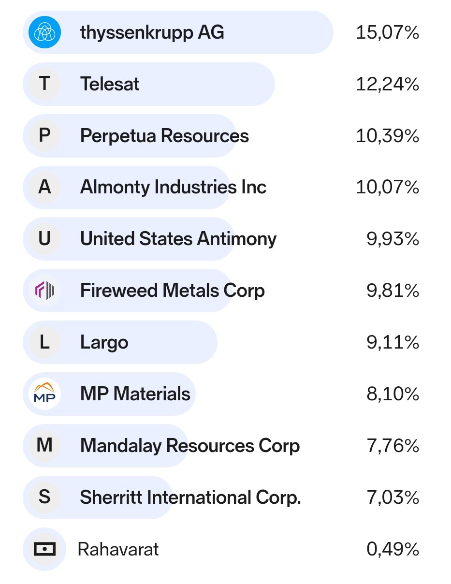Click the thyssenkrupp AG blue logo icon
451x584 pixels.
tap(44, 32)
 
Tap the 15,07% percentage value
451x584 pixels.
tap(387, 33)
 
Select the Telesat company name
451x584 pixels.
tap(110, 84)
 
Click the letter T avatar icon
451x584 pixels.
tap(44, 84)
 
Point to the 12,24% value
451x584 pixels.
tap(387, 85)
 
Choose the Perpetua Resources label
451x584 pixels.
tap(164, 136)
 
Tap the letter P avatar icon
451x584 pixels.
tap(44, 136)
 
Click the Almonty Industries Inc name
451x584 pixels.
tap(173, 187)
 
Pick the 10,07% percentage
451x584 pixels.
tap(387, 188)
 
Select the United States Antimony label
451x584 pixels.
tap(178, 239)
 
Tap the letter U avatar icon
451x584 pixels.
tap(44, 239)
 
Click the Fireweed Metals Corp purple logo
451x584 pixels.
tap(44, 291)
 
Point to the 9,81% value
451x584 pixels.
tap(393, 291)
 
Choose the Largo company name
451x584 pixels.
tap(104, 343)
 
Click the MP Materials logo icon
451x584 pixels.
tap(44, 394)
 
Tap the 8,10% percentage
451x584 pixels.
tap(393, 394)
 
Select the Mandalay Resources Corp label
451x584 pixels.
tap(190, 446)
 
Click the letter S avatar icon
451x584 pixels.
tap(44, 497)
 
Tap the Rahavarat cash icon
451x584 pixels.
tap(44, 549)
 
